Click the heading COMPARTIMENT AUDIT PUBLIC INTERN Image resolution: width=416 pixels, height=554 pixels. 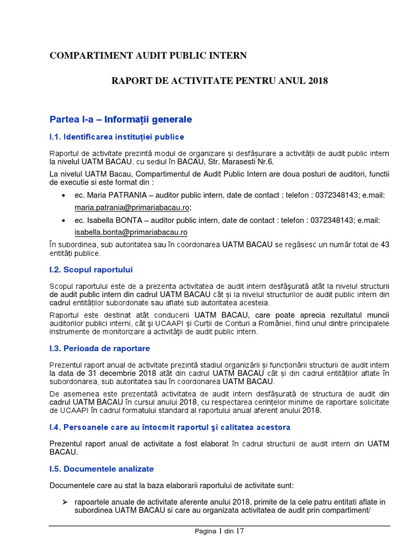tap(148, 55)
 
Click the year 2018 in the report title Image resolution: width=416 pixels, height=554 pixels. tap(317, 81)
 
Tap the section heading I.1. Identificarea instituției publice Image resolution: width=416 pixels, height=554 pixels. tap(116, 136)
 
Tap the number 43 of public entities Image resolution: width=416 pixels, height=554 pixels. tap(385, 245)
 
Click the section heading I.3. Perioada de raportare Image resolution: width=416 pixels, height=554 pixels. tap(100, 348)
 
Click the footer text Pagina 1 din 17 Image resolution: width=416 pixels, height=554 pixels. tap(219, 531)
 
